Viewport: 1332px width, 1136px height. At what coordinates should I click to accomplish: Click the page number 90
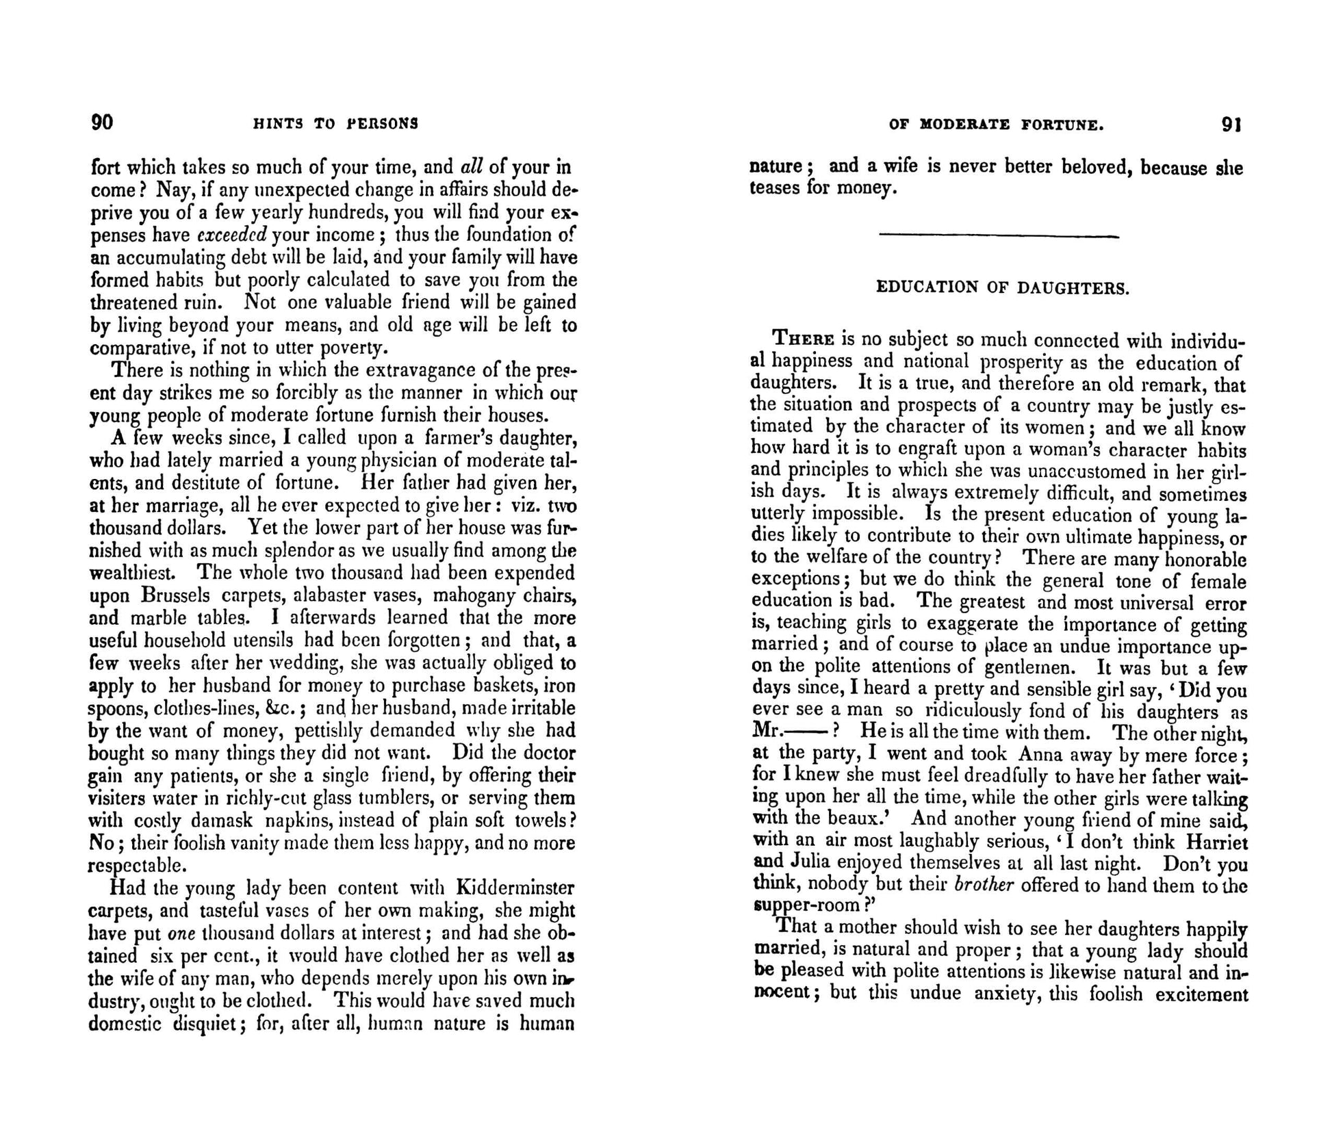point(102,122)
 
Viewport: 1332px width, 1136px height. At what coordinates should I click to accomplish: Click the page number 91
point(1231,125)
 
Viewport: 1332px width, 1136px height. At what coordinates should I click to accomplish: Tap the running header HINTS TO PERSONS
point(335,124)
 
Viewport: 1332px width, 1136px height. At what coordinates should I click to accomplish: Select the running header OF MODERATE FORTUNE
point(996,125)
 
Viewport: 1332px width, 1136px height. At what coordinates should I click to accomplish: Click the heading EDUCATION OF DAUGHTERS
point(1002,287)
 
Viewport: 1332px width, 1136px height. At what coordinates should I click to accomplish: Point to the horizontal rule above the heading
point(999,237)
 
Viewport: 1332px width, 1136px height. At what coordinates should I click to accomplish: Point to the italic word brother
point(983,884)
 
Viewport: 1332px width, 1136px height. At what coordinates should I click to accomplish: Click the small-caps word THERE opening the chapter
point(803,339)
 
